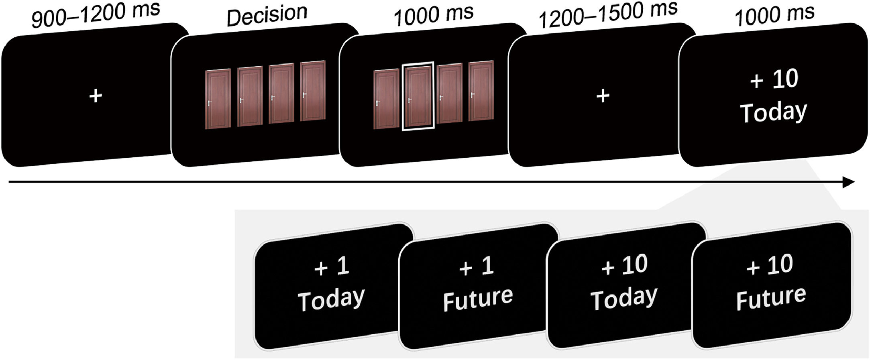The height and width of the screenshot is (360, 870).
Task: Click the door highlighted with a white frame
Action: [418, 96]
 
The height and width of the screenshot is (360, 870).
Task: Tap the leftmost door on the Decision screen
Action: [218, 99]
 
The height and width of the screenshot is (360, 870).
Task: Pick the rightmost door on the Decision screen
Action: [313, 91]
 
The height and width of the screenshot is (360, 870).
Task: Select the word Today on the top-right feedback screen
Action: [773, 112]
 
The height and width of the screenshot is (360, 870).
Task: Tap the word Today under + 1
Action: [331, 299]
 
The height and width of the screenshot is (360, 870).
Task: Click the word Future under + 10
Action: [771, 297]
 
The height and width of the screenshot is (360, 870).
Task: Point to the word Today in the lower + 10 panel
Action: [624, 298]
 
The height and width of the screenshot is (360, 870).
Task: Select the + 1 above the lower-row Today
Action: [332, 266]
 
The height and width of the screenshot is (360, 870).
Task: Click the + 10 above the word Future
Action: [770, 265]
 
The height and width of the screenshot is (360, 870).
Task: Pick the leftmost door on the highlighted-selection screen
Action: [386, 99]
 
